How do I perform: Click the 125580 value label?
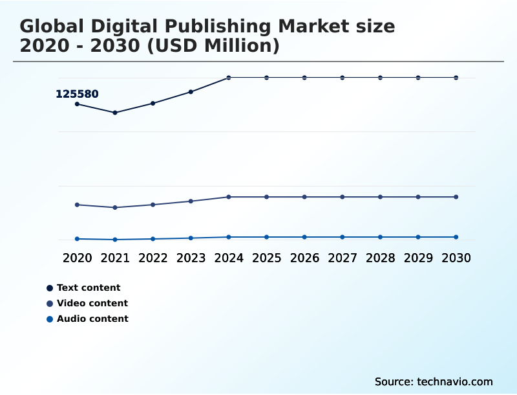(x=77, y=94)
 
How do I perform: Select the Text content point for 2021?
(x=115, y=113)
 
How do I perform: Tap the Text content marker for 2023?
(x=191, y=92)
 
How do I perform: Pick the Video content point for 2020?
(x=77, y=205)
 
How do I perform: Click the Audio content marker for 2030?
(x=456, y=237)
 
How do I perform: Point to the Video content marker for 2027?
(x=343, y=197)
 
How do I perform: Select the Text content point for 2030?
(x=456, y=78)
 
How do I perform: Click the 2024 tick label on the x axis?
(x=229, y=258)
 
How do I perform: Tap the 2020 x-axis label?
(x=77, y=258)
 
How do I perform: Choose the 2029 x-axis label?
(x=418, y=258)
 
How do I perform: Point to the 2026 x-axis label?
(x=304, y=258)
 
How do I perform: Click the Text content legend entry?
(x=89, y=288)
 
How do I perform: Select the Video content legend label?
(x=92, y=303)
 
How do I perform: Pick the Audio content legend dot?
(x=50, y=319)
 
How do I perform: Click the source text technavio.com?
(x=455, y=381)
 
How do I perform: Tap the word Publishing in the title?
(x=205, y=27)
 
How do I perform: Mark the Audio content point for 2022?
(x=153, y=239)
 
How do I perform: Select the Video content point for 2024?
(x=229, y=197)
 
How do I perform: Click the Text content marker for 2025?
(x=266, y=78)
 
